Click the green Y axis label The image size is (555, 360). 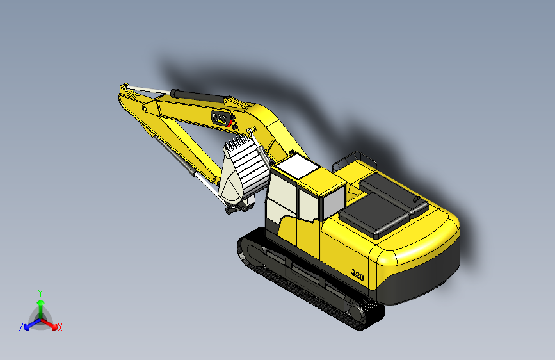coord(40,291)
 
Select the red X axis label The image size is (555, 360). coord(60,328)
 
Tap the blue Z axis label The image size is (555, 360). coord(21,327)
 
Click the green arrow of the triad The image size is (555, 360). coord(40,305)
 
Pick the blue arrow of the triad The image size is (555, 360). coord(29,323)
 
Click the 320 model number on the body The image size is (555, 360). coord(357,275)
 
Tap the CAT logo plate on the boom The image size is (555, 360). coord(220,118)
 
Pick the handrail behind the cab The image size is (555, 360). coord(357,156)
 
